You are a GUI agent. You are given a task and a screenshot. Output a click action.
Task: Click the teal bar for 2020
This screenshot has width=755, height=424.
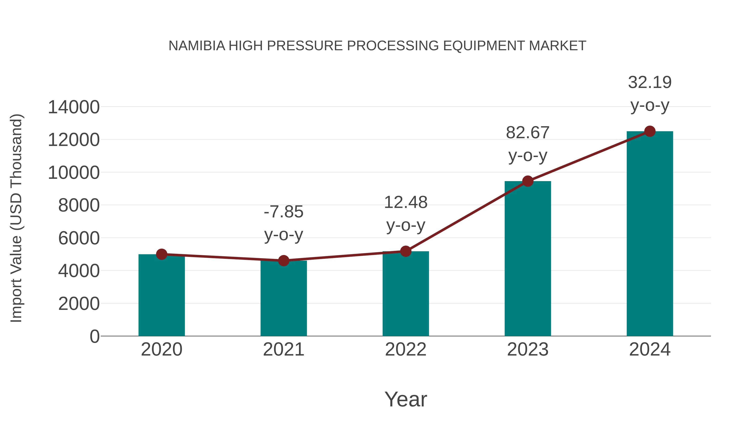161,295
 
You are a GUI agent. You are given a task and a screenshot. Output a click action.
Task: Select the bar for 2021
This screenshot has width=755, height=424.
283,298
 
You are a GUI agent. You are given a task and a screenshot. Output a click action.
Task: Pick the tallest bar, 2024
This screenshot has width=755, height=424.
650,234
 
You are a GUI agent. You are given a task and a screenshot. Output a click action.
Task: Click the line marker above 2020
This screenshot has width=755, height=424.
161,254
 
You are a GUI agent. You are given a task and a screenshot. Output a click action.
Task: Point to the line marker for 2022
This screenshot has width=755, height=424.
406,251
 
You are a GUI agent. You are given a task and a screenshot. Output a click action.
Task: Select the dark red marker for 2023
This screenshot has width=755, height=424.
528,181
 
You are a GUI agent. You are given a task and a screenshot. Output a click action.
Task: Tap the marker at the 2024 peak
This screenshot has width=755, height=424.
650,131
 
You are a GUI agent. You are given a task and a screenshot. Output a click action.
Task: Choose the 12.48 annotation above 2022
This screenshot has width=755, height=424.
406,202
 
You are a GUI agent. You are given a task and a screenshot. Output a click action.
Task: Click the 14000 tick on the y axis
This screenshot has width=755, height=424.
74,107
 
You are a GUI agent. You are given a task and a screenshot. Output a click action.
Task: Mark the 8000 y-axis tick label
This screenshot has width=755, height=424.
79,205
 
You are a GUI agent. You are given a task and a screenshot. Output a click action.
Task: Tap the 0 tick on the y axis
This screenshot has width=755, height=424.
94,336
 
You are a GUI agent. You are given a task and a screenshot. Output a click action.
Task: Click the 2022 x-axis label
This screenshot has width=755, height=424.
406,349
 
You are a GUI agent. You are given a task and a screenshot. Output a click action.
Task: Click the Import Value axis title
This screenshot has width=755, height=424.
16,218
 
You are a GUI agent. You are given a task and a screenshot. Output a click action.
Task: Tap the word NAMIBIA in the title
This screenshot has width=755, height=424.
197,46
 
